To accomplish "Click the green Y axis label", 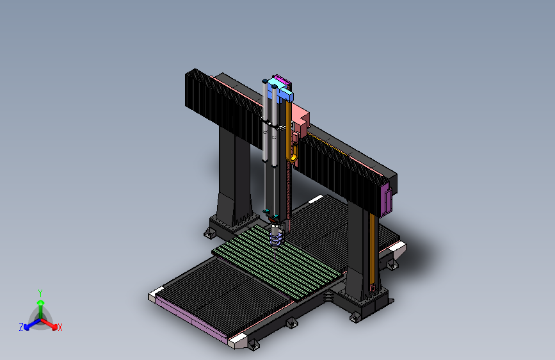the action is [40, 293].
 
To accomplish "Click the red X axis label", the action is [60, 328].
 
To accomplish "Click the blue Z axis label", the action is [21, 327].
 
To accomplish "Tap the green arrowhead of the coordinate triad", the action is [41, 303].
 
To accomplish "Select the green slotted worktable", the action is [278, 262].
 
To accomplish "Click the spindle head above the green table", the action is [277, 234].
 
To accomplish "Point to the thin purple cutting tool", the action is [275, 254].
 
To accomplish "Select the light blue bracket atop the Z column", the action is [280, 88].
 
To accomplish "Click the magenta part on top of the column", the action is [284, 80].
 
